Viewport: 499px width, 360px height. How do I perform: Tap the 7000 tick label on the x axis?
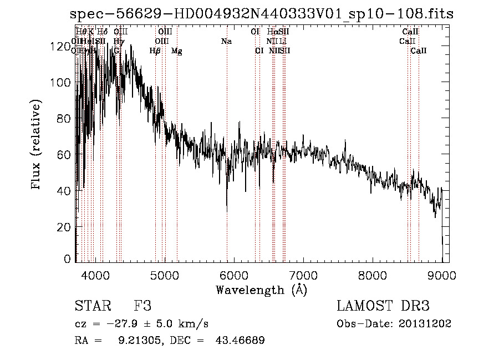303,274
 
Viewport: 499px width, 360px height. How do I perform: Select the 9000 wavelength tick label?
442,274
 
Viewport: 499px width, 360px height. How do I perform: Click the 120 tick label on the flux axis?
61,47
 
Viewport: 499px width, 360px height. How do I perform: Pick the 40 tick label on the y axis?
64,191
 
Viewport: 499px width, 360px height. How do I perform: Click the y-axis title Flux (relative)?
37,145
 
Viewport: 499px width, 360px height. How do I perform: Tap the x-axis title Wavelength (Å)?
261,290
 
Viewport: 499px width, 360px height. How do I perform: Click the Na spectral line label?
226,41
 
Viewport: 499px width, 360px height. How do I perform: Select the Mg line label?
177,51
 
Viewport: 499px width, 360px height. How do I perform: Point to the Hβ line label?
155,51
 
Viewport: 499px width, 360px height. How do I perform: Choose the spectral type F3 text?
142,306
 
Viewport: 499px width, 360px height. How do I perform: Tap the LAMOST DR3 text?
383,306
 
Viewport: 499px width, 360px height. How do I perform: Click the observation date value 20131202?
425,324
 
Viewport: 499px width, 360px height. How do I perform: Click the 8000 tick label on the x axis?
373,274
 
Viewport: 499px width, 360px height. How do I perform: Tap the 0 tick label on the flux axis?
68,259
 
